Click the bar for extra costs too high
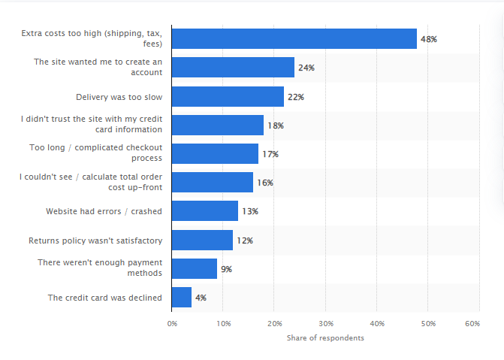[294, 39]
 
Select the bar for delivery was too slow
[228, 96]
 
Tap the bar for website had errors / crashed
[204, 211]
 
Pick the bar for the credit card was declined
[182, 297]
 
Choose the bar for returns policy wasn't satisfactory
[202, 240]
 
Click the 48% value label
[429, 39]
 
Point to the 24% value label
[306, 68]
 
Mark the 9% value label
[226, 269]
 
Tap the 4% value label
[201, 298]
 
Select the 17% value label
[270, 154]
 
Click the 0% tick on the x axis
[172, 323]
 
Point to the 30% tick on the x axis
[325, 323]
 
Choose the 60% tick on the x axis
[472, 323]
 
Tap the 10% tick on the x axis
[223, 323]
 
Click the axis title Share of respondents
[325, 338]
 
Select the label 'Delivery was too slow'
[119, 97]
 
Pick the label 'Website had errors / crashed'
[104, 212]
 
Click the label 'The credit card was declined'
[105, 298]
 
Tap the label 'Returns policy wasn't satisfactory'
[95, 241]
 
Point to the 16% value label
[264, 183]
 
